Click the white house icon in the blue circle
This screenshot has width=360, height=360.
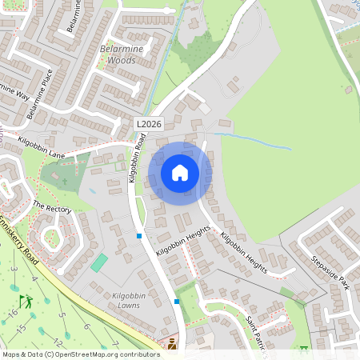pos(180,172)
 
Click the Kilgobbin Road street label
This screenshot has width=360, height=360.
pos(137,158)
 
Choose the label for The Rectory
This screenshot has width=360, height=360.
pos(52,208)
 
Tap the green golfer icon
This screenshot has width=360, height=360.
pos(26,302)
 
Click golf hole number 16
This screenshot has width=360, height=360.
pos(12,313)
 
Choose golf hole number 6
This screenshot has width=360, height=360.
pos(86,326)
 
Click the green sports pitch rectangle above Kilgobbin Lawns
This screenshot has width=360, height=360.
pos(98,262)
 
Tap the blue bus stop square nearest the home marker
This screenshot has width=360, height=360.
pos(139,235)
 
